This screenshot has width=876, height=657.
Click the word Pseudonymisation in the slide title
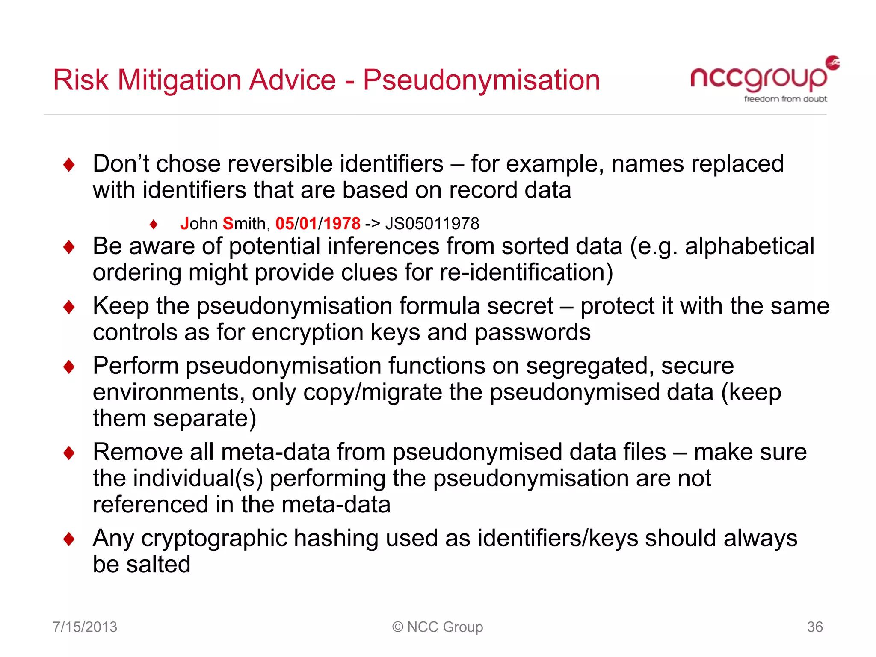(481, 80)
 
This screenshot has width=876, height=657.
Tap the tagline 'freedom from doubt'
(785, 99)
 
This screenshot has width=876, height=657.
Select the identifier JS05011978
(432, 224)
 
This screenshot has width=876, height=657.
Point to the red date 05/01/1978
(318, 224)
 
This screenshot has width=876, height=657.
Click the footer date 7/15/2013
(85, 627)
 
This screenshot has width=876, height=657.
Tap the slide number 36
(814, 627)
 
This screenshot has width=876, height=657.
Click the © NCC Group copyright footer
(438, 627)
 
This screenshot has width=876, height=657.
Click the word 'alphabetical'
(749, 246)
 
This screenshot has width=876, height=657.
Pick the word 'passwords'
(533, 332)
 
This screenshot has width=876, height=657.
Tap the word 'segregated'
(589, 366)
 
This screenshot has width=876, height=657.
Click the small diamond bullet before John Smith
(154, 224)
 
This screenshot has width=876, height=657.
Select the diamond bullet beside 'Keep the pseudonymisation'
(69, 307)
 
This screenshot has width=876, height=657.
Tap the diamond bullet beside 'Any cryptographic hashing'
(69, 539)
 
